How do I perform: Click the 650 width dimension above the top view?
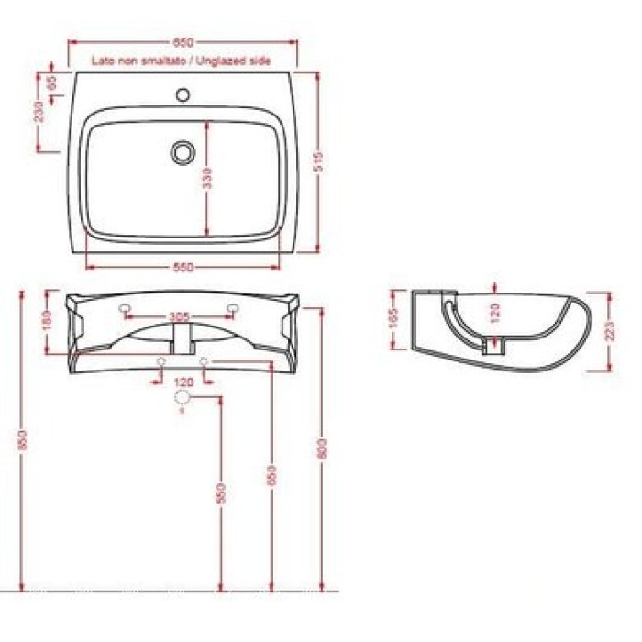(183, 42)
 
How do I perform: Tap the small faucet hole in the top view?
(183, 94)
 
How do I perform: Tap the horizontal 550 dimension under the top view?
(183, 267)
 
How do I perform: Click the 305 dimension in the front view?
(180, 318)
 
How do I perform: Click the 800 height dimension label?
(322, 449)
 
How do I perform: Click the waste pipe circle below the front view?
(183, 397)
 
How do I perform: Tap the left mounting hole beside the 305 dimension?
(125, 310)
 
